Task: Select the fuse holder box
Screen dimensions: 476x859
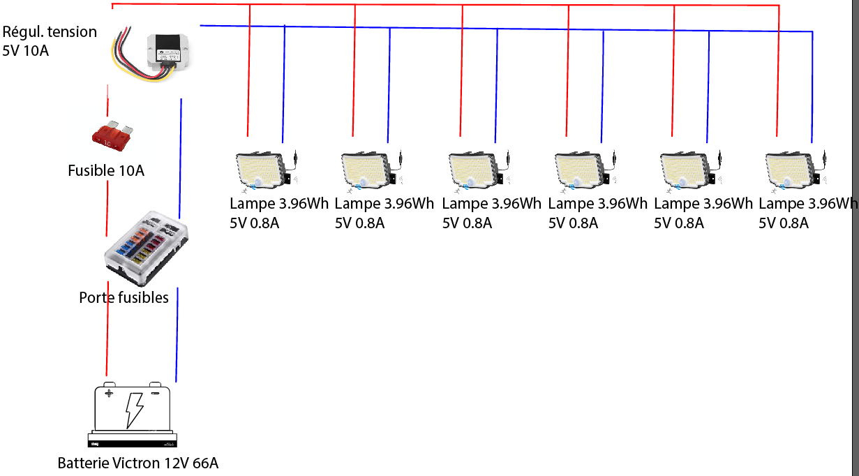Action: click(145, 247)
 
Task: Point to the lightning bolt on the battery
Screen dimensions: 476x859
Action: click(134, 410)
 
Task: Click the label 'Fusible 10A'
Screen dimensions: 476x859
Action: click(106, 170)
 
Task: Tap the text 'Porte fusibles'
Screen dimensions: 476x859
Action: click(124, 298)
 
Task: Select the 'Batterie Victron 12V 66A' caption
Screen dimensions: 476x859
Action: click(137, 463)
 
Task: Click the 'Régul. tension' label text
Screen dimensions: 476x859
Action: click(50, 32)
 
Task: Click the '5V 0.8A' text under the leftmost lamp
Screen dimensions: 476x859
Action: click(255, 223)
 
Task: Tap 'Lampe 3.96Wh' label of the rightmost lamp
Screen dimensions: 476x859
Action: click(808, 204)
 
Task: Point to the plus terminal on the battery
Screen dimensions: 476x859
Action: click(109, 393)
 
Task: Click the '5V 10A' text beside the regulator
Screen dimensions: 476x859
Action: click(26, 51)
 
